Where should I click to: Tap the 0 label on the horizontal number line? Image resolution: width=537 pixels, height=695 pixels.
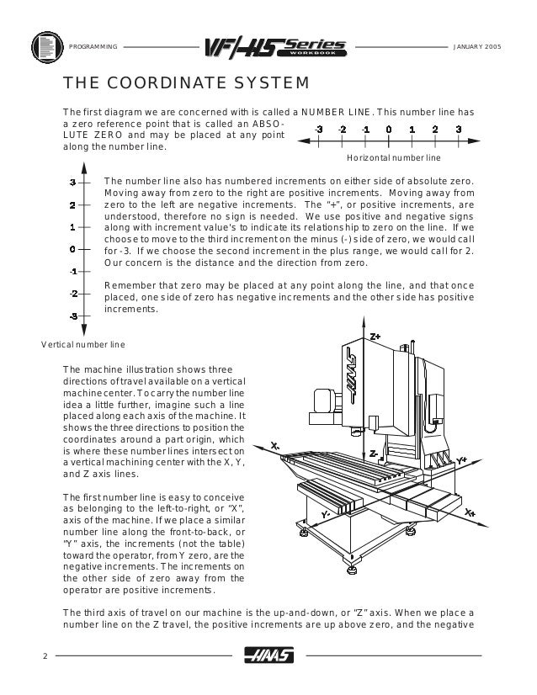pos(388,130)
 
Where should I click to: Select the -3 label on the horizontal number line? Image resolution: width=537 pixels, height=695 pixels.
pos(317,130)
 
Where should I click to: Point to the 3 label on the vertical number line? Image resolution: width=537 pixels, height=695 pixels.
pos(73,182)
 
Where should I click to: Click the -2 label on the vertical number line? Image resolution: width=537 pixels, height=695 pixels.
pos(73,293)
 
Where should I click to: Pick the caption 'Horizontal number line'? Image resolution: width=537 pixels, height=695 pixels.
pos(388,157)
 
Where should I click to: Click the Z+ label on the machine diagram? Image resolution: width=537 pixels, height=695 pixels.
pos(375,335)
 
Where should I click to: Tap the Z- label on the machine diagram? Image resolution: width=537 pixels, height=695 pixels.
pos(373,453)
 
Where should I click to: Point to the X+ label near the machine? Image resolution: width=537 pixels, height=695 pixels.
pos(470,512)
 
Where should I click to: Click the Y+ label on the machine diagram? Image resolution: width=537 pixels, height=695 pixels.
pos(461,459)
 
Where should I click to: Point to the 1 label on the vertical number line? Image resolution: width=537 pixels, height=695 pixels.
pos(73,226)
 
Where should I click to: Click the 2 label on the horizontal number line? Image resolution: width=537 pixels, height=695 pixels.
pos(434,130)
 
